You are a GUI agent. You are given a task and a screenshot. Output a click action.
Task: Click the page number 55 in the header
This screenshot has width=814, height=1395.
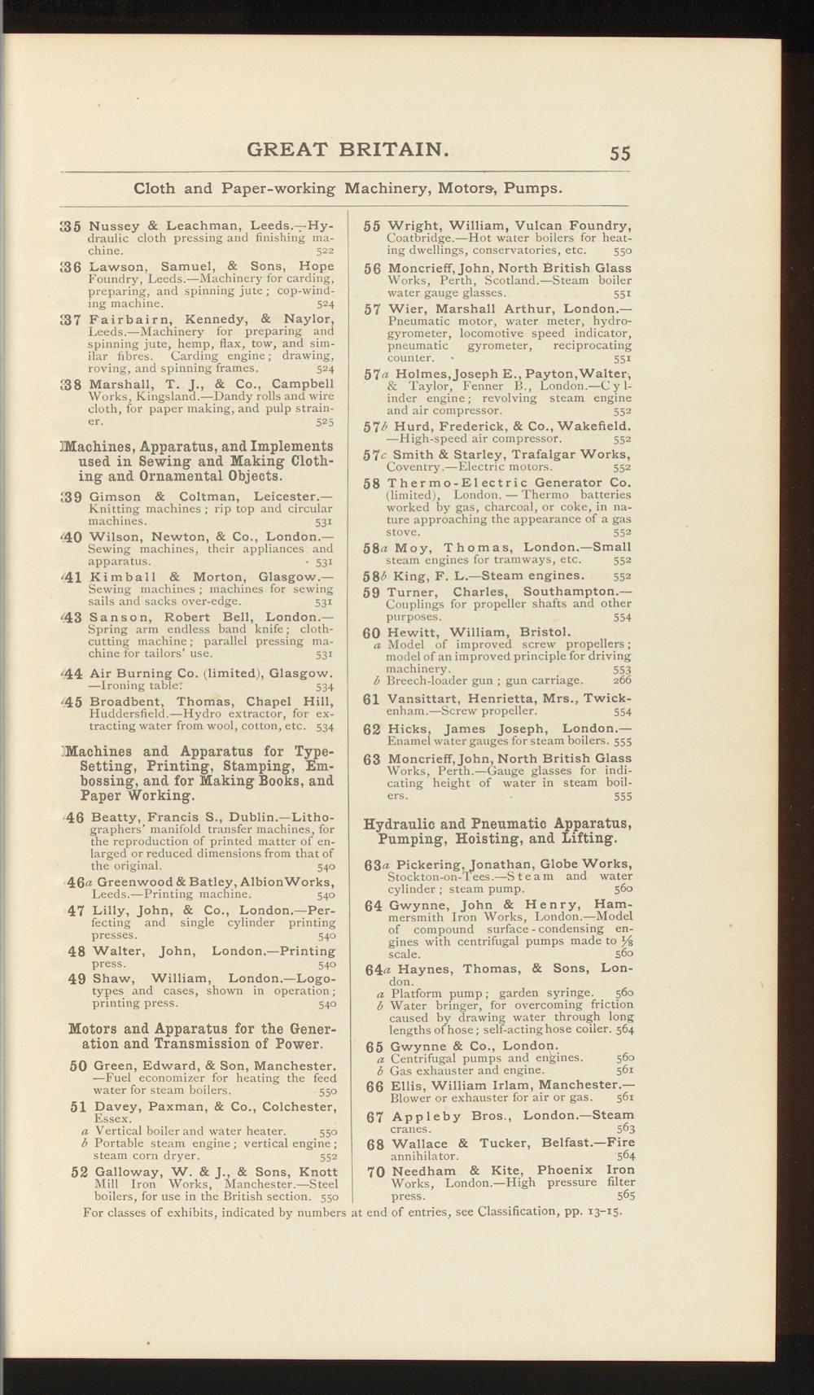[619, 152]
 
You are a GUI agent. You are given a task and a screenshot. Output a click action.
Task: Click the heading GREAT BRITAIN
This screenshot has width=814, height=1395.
[348, 150]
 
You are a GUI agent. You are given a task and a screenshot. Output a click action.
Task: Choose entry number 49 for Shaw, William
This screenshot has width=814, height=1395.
[77, 978]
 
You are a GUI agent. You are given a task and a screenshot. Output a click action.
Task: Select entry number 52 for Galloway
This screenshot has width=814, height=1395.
[79, 1173]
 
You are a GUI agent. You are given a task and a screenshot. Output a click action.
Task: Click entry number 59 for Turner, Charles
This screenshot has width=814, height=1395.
[372, 592]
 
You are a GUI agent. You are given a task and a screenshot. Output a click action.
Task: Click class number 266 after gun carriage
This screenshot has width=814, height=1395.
[622, 680]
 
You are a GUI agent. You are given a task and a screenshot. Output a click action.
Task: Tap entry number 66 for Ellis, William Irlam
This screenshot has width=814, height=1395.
[374, 1087]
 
